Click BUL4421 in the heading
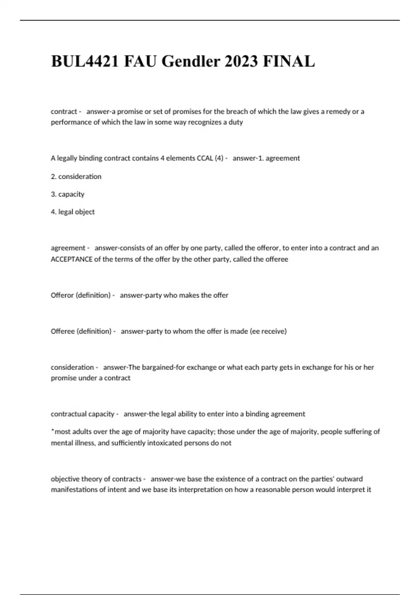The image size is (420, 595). (84, 61)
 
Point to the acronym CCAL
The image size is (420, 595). (205, 158)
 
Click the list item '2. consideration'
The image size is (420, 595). (76, 176)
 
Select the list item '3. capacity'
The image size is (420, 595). (68, 194)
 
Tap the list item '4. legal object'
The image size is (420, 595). (72, 212)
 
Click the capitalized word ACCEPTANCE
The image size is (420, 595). (71, 259)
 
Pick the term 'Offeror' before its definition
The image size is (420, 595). (62, 295)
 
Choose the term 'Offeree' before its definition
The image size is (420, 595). (62, 331)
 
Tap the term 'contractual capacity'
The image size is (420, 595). (82, 414)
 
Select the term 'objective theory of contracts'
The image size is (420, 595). (96, 479)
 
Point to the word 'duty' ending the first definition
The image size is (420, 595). (236, 122)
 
